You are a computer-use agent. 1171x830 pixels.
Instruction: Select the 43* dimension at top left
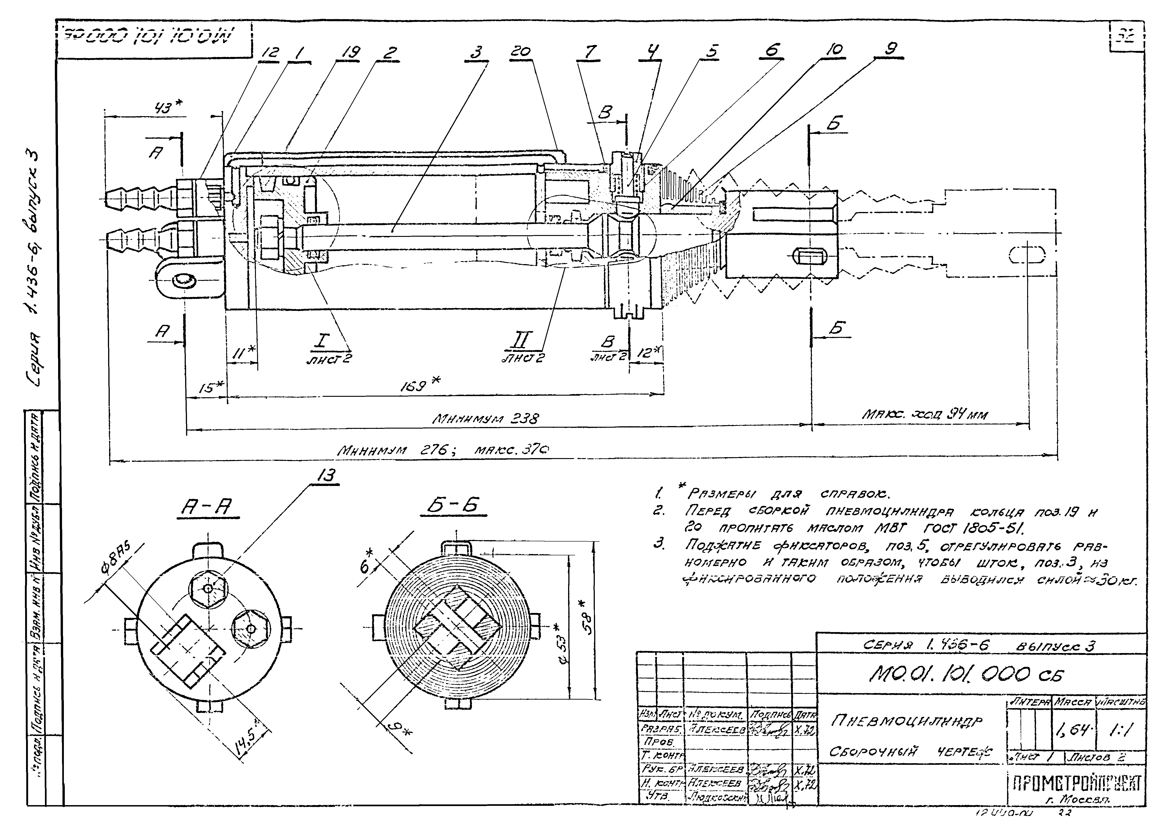169,107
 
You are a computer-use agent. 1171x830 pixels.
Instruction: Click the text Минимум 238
486,419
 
